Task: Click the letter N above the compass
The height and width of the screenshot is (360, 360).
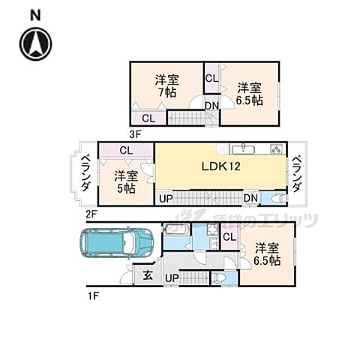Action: (x=34, y=15)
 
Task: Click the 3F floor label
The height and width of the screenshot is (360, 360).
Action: (x=135, y=135)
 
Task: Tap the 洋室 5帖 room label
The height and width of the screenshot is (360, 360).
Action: (x=125, y=182)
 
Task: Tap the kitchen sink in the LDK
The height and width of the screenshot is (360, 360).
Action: (x=241, y=148)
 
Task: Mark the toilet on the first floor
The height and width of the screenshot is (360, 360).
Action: (x=218, y=278)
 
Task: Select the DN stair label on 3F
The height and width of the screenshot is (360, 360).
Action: (x=212, y=106)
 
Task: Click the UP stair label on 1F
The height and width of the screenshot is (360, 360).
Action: (x=172, y=278)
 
